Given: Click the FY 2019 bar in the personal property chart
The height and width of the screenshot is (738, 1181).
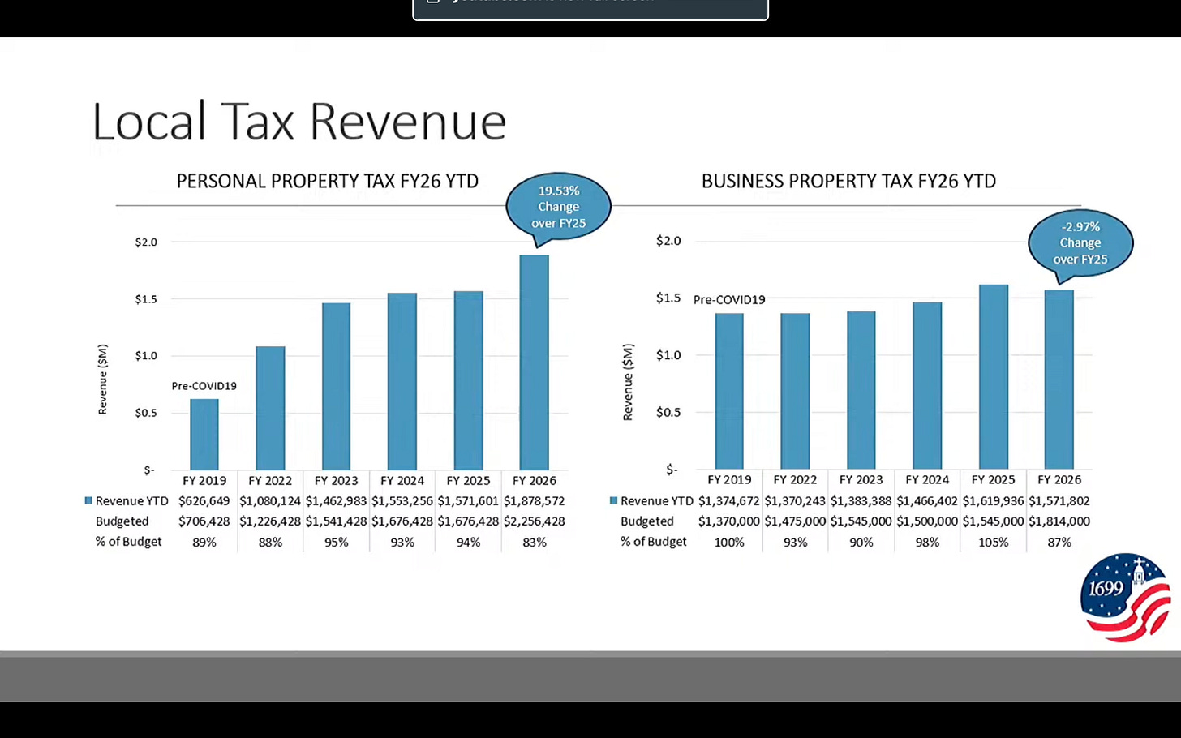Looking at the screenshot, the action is (x=204, y=434).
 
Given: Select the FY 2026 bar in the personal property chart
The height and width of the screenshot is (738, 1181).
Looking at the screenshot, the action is (x=534, y=363).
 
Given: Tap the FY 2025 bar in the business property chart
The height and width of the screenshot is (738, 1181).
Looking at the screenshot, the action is (x=994, y=377).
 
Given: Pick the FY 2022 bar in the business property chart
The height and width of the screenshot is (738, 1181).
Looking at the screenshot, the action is (x=795, y=391).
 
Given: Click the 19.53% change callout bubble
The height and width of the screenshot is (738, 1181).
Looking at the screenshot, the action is (x=558, y=207).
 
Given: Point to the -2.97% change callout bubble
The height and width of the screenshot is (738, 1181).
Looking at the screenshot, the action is (x=1080, y=243).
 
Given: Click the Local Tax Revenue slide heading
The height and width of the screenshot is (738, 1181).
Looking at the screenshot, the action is (x=299, y=122).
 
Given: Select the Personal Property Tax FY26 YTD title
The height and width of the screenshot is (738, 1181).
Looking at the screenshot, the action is (x=328, y=182).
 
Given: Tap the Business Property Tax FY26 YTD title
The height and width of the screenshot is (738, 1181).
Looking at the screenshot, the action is (x=848, y=182).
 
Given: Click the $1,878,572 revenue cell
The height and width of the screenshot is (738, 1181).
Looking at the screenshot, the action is (x=534, y=501).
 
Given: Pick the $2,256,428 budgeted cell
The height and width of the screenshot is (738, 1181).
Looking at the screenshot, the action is (x=534, y=521).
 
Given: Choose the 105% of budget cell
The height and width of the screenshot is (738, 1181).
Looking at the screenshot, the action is (x=994, y=542).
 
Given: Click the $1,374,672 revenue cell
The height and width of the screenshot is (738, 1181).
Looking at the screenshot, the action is (x=729, y=501).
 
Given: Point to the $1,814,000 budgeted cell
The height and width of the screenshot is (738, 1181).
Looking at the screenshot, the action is (x=1059, y=521).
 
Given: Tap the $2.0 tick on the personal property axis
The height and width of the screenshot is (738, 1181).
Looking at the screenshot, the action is (x=146, y=242).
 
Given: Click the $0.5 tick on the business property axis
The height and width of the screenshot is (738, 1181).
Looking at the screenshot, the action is (x=668, y=412).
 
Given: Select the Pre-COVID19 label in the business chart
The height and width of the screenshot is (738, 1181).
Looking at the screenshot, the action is (x=729, y=300).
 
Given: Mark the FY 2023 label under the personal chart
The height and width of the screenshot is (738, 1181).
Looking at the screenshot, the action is (x=336, y=481).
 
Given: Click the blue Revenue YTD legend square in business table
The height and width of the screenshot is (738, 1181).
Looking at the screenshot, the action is (x=613, y=500).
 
